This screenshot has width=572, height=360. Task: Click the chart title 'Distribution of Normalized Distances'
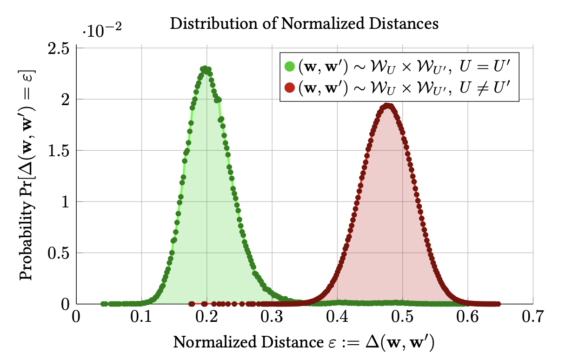pyautogui.click(x=304, y=23)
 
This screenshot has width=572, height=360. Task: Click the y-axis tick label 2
pyautogui.click(x=65, y=100)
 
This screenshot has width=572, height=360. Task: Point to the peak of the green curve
pyautogui.click(x=206, y=69)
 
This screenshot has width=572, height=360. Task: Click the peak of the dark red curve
pyautogui.click(x=388, y=106)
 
